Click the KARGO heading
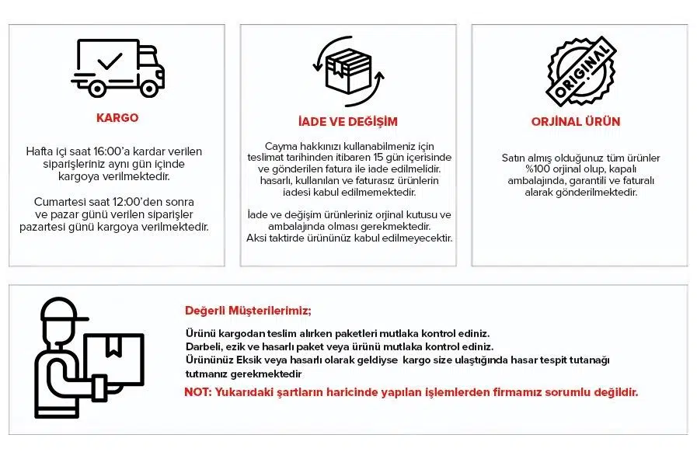point(117,118)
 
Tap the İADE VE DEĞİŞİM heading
point(347,122)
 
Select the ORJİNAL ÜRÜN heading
point(576,122)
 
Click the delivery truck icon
point(118,68)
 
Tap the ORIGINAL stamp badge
point(580,70)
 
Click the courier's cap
point(63,311)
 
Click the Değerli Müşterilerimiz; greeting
point(248,311)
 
